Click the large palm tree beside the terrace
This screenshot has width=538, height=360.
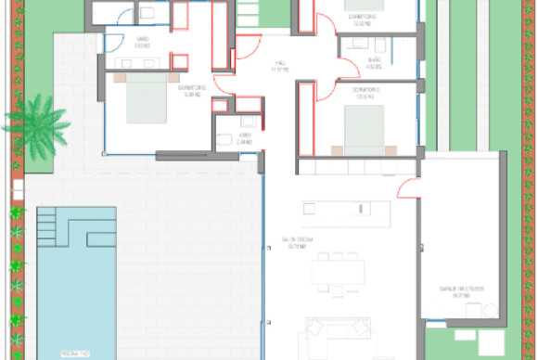[x=37, y=124]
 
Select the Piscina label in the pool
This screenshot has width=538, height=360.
[x=73, y=354]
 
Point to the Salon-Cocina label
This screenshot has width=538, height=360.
[x=298, y=243]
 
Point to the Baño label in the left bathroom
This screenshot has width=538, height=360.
[x=142, y=41]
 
